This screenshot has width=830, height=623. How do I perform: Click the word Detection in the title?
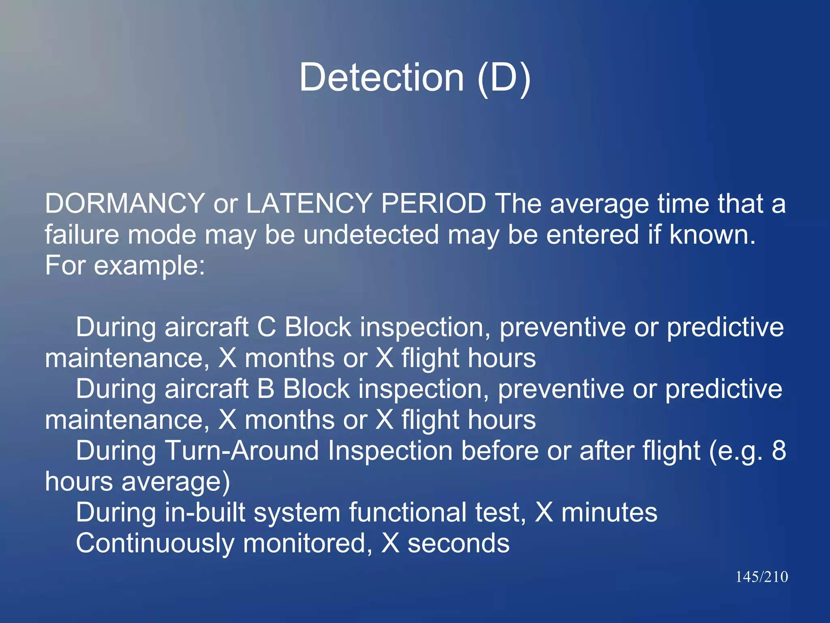[x=381, y=77]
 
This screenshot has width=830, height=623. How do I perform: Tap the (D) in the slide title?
[x=504, y=77]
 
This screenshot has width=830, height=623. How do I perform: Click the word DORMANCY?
[x=125, y=203]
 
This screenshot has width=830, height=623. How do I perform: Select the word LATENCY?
[x=309, y=203]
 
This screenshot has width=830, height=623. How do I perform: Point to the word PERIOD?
[x=433, y=203]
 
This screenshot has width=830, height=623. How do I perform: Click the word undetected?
[x=371, y=234]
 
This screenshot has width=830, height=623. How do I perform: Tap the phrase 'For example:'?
[x=125, y=266]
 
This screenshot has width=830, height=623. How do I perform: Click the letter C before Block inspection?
[x=266, y=327]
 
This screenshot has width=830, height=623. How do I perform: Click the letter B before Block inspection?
[x=265, y=389]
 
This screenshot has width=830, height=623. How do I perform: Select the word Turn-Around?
[x=242, y=451]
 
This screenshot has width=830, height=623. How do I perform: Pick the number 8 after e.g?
[x=779, y=451]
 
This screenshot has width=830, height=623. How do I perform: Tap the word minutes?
[x=609, y=512]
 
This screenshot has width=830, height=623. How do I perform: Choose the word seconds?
[x=458, y=544]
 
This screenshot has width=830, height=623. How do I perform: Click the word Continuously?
[x=155, y=544]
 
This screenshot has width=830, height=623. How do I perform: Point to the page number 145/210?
[x=762, y=577]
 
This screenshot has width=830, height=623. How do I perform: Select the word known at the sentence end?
[x=712, y=234]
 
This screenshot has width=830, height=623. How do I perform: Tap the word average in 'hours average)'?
[x=175, y=482]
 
